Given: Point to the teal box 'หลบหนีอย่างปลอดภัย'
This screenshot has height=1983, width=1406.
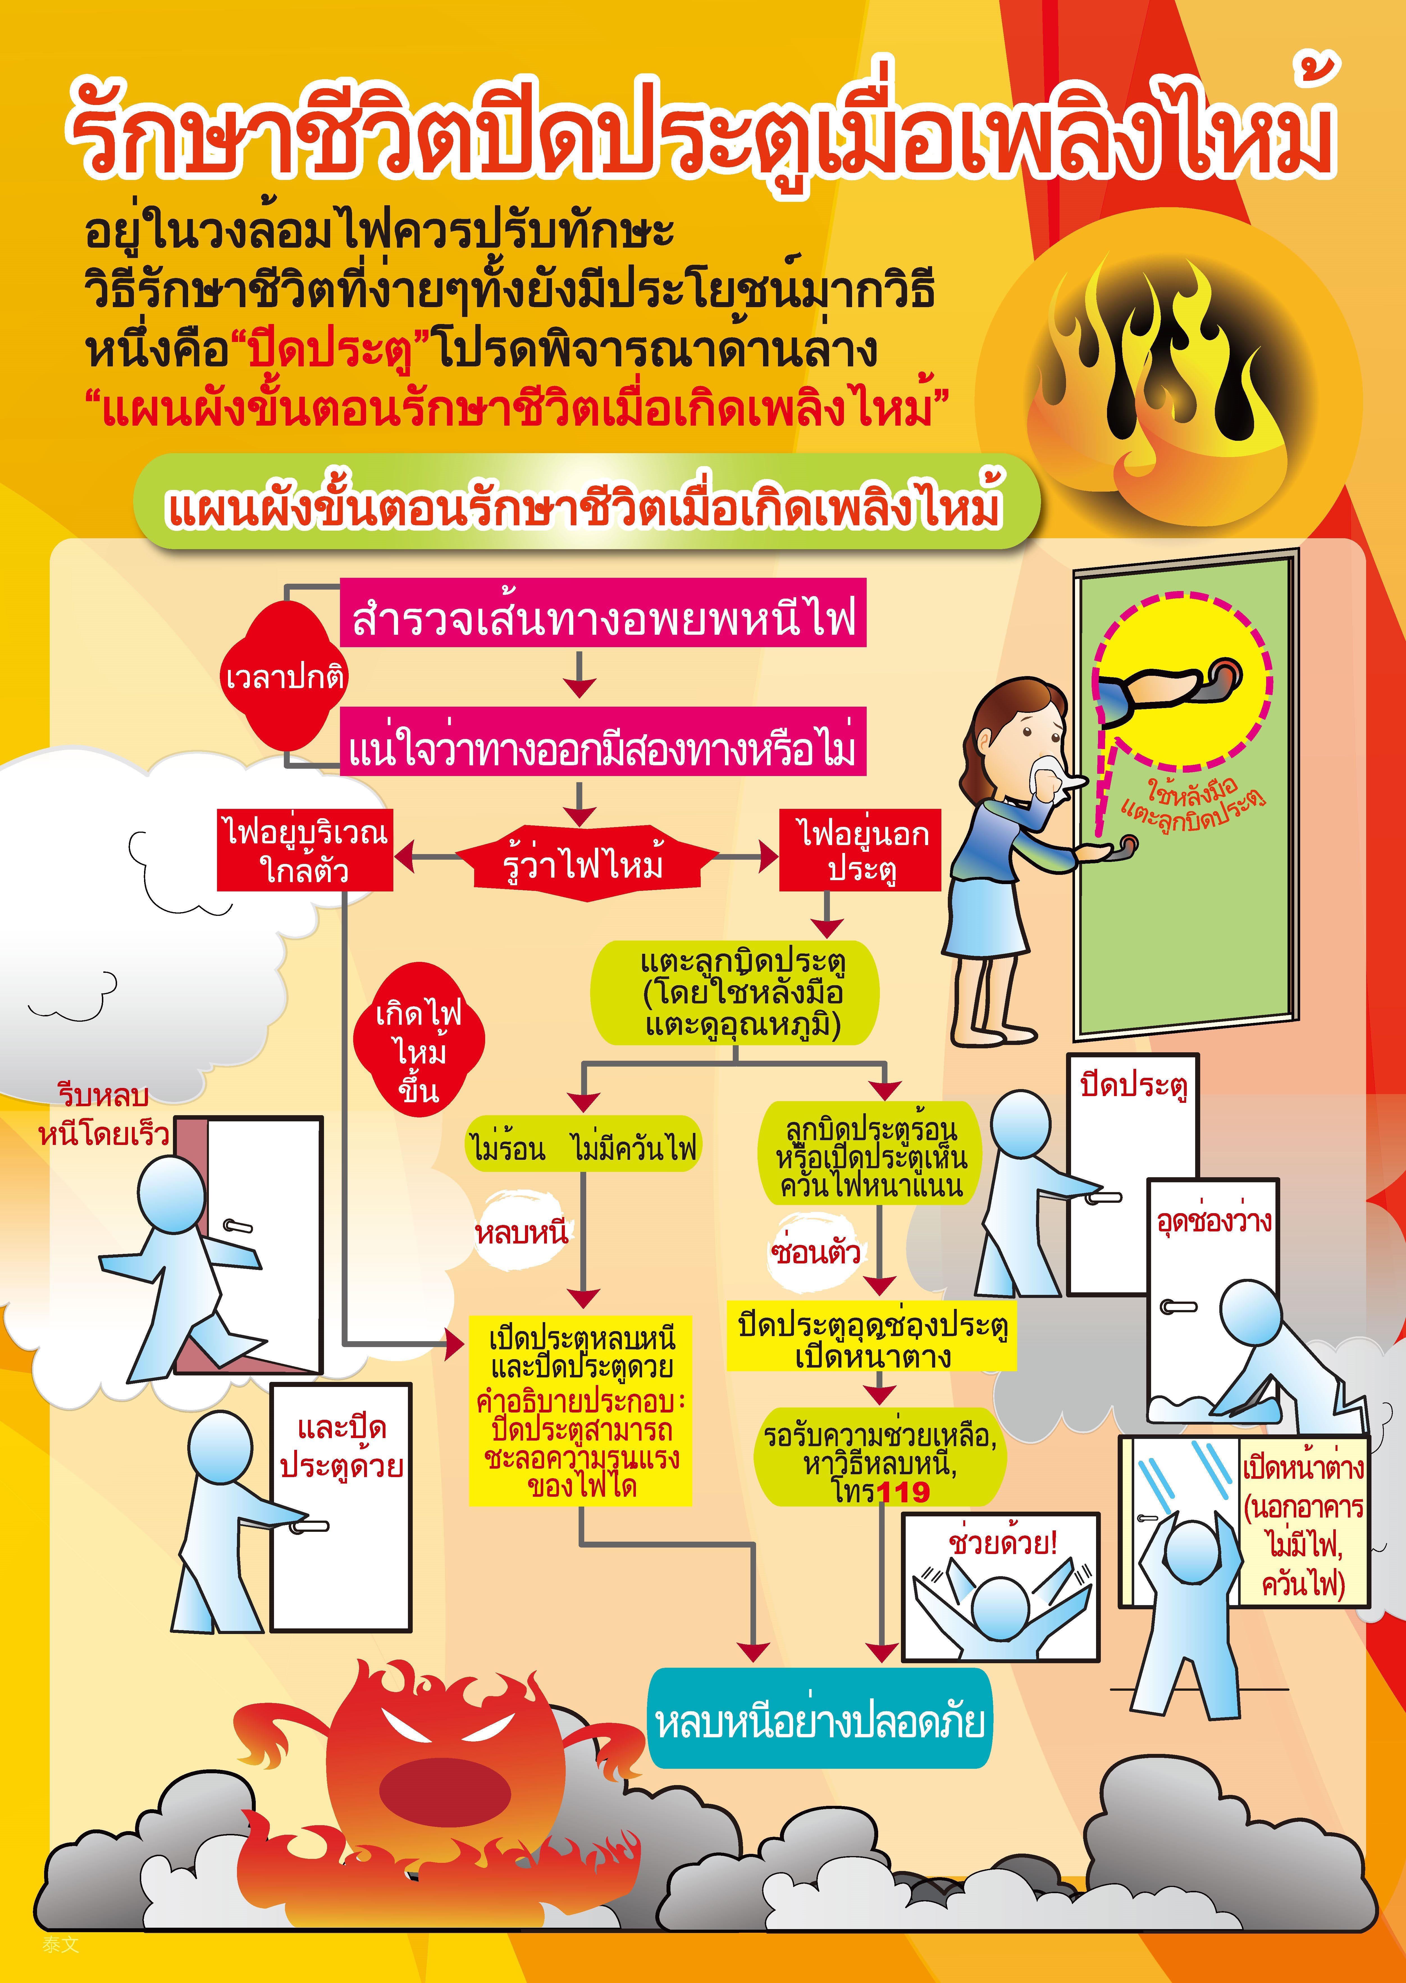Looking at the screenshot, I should click(819, 1720).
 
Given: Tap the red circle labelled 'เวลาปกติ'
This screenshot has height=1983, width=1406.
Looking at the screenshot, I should click(285, 676).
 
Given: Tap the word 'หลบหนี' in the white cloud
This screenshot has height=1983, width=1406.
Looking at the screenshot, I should click(521, 1232).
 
